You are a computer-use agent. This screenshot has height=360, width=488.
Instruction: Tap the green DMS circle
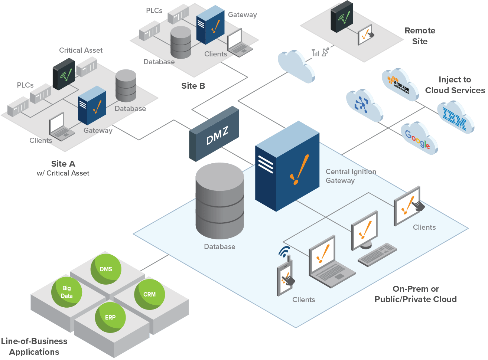coord(106,269)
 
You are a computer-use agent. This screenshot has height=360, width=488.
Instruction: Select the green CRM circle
coord(149,294)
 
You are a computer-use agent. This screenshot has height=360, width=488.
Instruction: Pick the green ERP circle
coord(110,317)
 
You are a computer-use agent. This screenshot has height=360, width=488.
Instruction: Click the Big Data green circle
coord(67,292)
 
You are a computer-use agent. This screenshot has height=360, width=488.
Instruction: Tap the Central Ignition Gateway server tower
coord(287,167)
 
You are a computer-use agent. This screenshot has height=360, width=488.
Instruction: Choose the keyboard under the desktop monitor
coord(377,254)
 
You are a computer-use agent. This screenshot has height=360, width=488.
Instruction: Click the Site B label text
coord(193,86)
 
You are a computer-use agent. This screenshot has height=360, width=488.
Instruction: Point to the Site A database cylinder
coord(126,85)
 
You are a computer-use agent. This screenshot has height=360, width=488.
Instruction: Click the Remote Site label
coord(420,36)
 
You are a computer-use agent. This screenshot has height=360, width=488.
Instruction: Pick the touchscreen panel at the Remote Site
coord(365,35)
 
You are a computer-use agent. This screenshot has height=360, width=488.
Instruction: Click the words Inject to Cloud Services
coord(455,85)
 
